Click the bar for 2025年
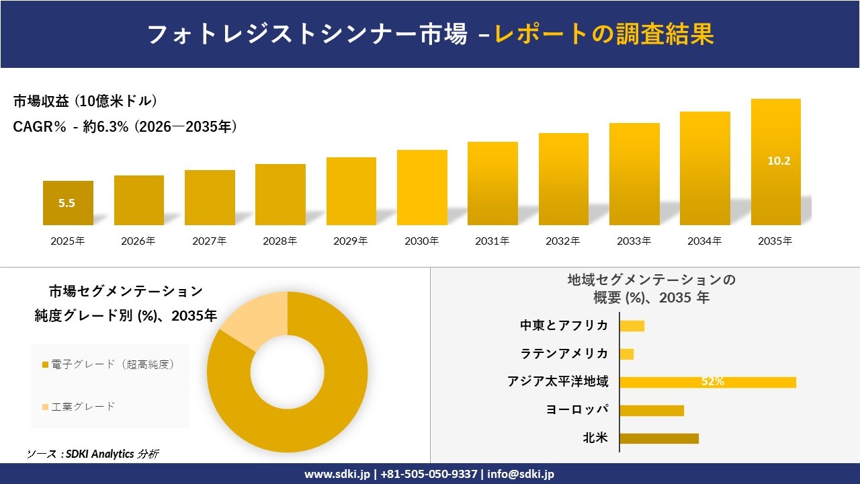pyautogui.click(x=68, y=203)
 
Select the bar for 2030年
pyautogui.click(x=422, y=188)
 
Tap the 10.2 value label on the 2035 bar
pyautogui.click(x=779, y=161)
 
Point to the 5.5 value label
pyautogui.click(x=67, y=203)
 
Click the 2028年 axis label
pyautogui.click(x=280, y=241)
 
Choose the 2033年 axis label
pyautogui.click(x=634, y=241)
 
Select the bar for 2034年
pyautogui.click(x=705, y=168)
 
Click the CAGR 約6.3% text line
pyautogui.click(x=125, y=126)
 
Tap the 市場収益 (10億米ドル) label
pyautogui.click(x=85, y=101)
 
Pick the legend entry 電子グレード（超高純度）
pyautogui.click(x=108, y=364)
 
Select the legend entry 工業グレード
pyautogui.click(x=79, y=407)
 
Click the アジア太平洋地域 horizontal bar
pyautogui.click(x=708, y=382)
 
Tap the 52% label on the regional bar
pyautogui.click(x=713, y=381)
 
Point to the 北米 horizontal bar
pyautogui.click(x=659, y=438)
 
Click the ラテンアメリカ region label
pyautogui.click(x=564, y=354)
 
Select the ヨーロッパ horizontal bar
pyautogui.click(x=652, y=410)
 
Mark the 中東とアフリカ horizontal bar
pyautogui.click(x=632, y=326)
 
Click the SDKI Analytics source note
pyautogui.click(x=93, y=454)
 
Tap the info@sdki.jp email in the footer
pyautogui.click(x=521, y=474)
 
